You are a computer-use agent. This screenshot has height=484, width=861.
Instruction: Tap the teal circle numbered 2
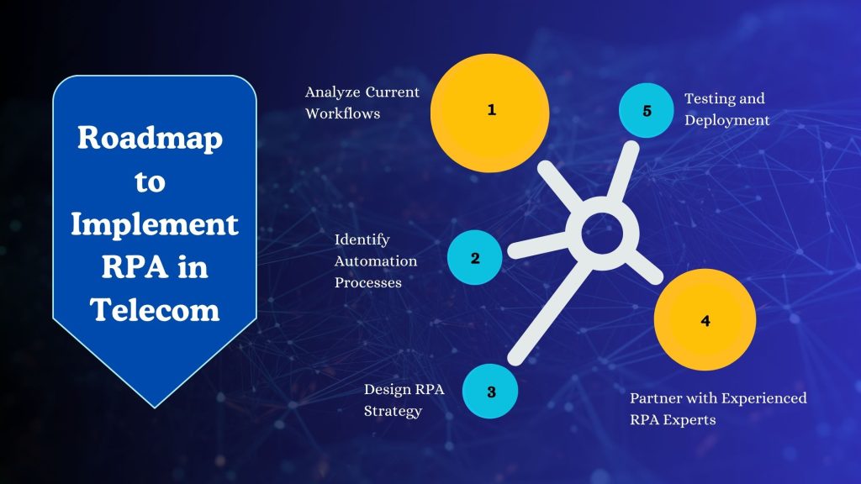click(x=474, y=257)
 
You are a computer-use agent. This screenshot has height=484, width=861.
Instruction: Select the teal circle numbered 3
click(x=490, y=391)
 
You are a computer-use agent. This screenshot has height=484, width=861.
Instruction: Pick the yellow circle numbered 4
click(x=705, y=320)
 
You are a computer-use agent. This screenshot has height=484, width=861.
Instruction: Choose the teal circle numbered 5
click(x=646, y=111)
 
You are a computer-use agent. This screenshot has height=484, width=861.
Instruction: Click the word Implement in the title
click(x=154, y=224)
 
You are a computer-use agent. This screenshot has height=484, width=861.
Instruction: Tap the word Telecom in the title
click(x=154, y=310)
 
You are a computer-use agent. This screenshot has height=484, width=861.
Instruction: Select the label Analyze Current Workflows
click(x=362, y=102)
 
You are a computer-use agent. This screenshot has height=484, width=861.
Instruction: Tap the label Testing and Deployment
click(x=726, y=109)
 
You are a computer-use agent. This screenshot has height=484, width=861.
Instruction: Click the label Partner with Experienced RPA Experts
click(x=718, y=408)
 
